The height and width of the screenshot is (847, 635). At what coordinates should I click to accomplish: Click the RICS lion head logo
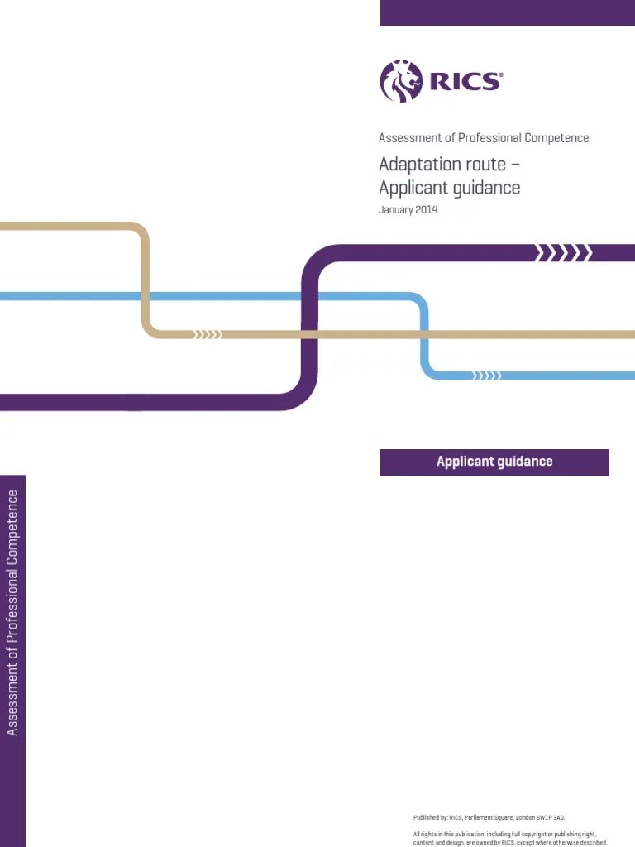(x=401, y=81)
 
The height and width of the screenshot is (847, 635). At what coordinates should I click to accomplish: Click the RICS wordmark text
(x=466, y=81)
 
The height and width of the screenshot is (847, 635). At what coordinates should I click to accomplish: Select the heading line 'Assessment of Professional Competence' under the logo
(x=484, y=138)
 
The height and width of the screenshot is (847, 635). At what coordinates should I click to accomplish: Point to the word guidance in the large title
(x=486, y=188)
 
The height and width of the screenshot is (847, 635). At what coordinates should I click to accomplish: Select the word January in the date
(x=396, y=209)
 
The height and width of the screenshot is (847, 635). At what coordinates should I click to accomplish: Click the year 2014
(x=427, y=209)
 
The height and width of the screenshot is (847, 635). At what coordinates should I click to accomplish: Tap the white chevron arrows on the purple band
(x=564, y=253)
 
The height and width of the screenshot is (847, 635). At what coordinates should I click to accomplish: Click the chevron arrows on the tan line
(x=208, y=334)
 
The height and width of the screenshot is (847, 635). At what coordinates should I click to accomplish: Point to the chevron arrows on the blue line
(x=486, y=376)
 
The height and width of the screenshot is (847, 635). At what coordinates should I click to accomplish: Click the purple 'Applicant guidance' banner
(x=494, y=462)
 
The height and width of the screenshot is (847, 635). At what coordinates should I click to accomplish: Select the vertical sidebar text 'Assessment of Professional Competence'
(x=12, y=612)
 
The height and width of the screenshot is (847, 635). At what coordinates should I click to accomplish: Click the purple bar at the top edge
(x=507, y=12)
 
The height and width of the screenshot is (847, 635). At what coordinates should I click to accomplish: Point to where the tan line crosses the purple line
(x=309, y=334)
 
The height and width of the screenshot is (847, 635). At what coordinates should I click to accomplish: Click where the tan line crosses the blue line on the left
(x=145, y=296)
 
